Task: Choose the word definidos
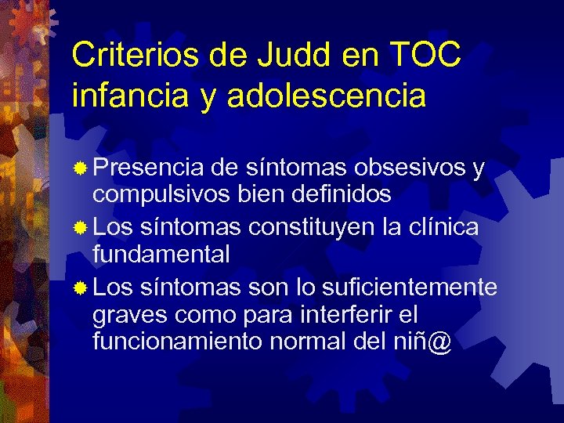coord(343,192)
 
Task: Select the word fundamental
coord(161,253)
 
